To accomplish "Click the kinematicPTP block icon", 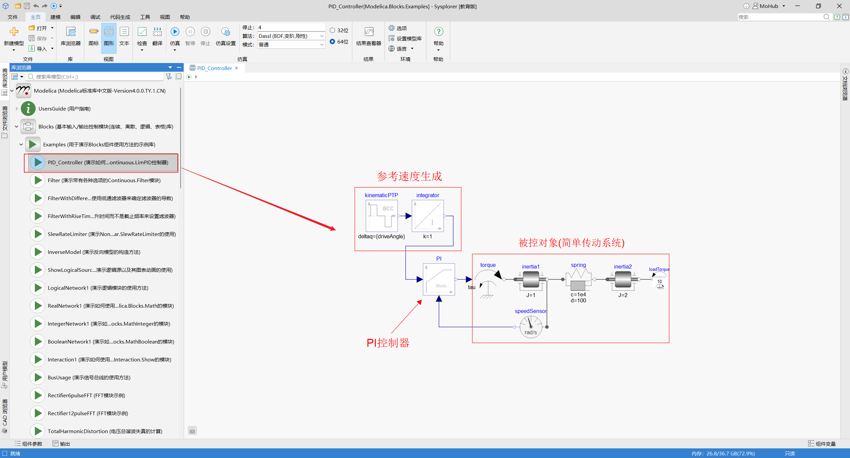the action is coord(382,216).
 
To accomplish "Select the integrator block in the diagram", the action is coord(428,216).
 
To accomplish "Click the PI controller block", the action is coord(439,279).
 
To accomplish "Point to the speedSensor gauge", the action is coord(531,327).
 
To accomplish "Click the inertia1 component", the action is coord(531,279).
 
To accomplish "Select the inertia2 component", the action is coord(623,279).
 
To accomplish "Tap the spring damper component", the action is coord(578,279).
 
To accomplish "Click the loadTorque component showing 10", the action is coord(659,281).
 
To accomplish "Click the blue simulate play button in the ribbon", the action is coord(175,32).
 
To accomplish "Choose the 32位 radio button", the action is coord(332,30).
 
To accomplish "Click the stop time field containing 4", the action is coord(291,27).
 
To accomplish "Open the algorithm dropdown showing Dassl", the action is coord(291,36).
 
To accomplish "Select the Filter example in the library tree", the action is coord(104,180).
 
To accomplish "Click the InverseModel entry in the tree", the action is coord(94,252).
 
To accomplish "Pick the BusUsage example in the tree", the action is coord(89,377).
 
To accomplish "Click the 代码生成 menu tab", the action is coord(120,17).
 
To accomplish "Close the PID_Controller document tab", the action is coord(236,68).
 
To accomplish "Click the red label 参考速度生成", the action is coord(409,176).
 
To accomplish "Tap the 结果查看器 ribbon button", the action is coord(369,37).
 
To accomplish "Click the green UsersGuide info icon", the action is coord(28,109).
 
